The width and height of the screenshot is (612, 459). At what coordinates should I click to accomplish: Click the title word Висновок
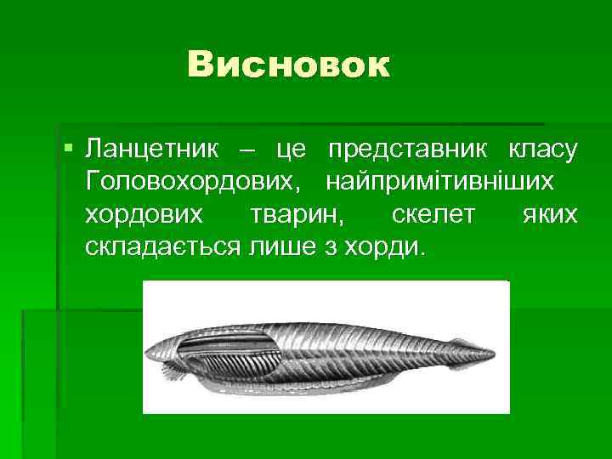coord(289,65)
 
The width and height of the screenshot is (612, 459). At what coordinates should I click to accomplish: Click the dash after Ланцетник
coord(246,150)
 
